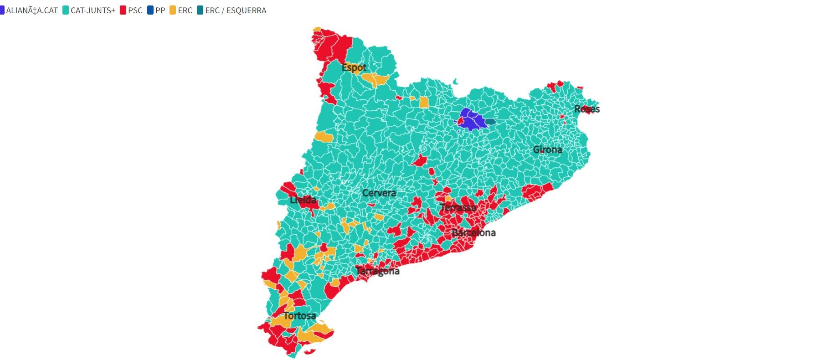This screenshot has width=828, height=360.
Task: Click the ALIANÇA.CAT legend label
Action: coord(32,10)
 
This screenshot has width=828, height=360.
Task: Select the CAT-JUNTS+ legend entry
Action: coord(93,10)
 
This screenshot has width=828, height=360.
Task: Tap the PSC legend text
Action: coord(135,10)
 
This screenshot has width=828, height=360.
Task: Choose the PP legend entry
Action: coord(160,10)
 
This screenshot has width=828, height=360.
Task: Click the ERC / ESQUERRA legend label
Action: coord(236,10)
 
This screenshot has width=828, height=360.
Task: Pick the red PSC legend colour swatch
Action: coord(123,10)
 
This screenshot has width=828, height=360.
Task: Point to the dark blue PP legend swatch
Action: coord(151,10)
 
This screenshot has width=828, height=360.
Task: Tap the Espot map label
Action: coord(354,67)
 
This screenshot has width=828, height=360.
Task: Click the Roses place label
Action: coord(586,109)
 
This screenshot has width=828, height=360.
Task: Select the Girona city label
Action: coord(547,149)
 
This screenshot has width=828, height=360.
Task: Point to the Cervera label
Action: coord(379,193)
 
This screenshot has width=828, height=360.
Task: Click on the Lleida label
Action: coord(303,200)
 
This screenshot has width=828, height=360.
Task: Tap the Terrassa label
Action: coord(458,208)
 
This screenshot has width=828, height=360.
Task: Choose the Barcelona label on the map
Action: coord(473,233)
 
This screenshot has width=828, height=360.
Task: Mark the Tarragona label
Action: coord(378,271)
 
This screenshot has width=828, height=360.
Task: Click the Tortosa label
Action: coord(299,316)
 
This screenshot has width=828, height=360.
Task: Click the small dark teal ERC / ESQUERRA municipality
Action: coord(490,122)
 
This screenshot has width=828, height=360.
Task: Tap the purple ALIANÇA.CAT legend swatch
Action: coord(2,10)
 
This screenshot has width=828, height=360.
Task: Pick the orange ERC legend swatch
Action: coord(173,10)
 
